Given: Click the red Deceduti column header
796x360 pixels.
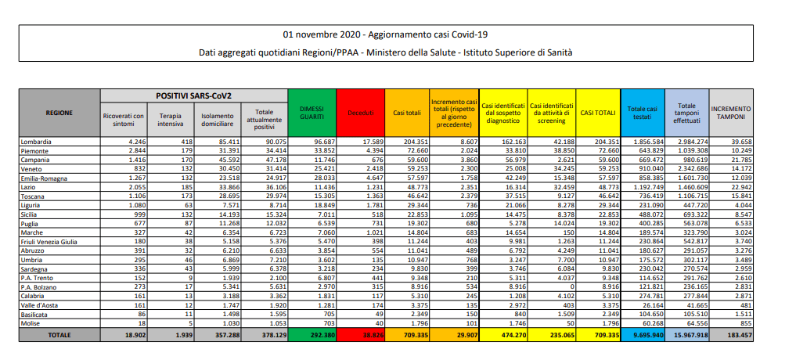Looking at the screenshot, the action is pos(361,113).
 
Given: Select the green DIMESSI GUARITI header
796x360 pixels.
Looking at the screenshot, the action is pos(312,113).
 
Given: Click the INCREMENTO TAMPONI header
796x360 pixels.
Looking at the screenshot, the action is pos(731,113).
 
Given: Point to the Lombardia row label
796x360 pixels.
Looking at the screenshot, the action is pos(34,141).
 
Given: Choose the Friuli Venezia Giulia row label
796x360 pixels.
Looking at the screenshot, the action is pos(49,242).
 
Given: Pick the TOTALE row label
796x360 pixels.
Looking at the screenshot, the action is pos(60,335).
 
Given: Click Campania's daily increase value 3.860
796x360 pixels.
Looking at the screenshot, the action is pos(466,160).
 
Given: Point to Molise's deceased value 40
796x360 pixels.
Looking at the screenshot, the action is pos(378,324).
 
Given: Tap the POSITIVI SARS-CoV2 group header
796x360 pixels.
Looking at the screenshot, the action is pos(193,95).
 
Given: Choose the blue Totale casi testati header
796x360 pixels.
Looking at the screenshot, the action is pos(643,113).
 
